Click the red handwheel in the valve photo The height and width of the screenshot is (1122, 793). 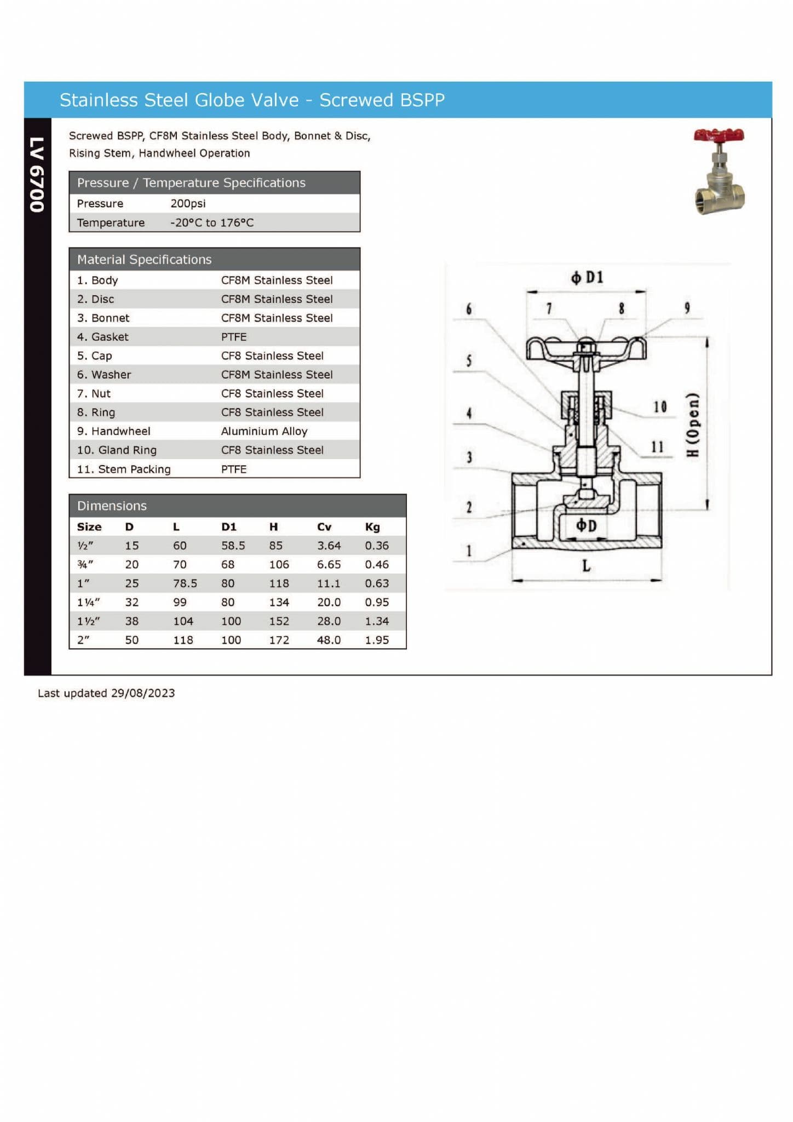[x=719, y=135]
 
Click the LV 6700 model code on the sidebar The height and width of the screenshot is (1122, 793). [x=37, y=175]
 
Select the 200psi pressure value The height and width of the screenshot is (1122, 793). [x=188, y=203]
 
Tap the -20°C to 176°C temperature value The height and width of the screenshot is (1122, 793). [x=211, y=222]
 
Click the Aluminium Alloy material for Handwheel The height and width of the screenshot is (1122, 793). [x=264, y=431]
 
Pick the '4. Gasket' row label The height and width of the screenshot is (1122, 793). [x=102, y=337]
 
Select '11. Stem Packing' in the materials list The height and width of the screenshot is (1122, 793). [x=124, y=469]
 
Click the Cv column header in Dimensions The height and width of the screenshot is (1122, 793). [x=324, y=526]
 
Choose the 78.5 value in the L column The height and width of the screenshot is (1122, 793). [x=185, y=583]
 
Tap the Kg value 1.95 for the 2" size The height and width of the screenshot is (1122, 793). [x=377, y=640]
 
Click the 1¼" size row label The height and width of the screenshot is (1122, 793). [x=88, y=602]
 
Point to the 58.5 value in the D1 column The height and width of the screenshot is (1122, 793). [x=233, y=546]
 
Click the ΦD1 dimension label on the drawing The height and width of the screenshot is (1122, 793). [x=587, y=278]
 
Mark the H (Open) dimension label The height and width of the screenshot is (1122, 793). [x=693, y=425]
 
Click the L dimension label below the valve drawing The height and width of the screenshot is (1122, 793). [x=586, y=566]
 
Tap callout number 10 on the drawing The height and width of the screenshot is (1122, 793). [x=660, y=407]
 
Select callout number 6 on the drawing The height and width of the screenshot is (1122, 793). [x=469, y=309]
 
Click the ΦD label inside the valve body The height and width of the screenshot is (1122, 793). [x=586, y=526]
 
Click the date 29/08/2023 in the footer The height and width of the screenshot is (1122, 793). [x=143, y=693]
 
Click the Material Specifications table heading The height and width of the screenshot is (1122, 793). [x=144, y=259]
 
